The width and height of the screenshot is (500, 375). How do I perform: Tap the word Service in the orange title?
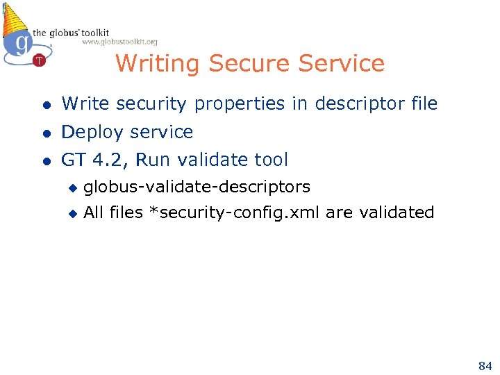[x=341, y=64]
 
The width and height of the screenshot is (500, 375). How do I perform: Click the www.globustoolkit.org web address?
[x=119, y=42]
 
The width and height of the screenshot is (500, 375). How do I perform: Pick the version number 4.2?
[x=110, y=160]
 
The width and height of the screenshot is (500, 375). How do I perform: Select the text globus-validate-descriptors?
[x=197, y=187]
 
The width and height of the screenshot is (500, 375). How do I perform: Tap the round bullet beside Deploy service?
[x=46, y=133]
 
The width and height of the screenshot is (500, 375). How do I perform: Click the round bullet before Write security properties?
[x=46, y=105]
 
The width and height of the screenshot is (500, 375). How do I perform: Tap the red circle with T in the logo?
[x=39, y=60]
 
